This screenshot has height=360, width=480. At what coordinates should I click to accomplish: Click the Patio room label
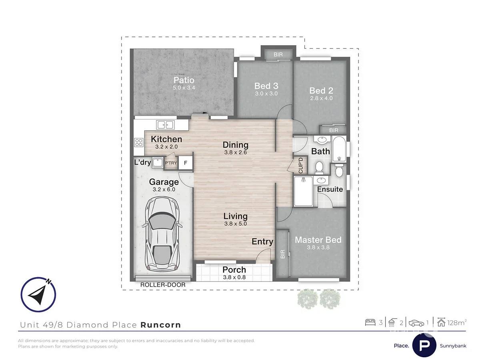tap(184, 80)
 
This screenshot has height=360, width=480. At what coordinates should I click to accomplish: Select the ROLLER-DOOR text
tap(163, 285)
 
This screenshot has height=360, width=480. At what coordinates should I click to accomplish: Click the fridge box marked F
tap(185, 163)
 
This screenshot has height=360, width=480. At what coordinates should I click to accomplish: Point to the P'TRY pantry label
tap(171, 163)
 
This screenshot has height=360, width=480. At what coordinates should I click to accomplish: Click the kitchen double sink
tap(166, 125)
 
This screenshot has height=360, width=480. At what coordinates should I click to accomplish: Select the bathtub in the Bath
tap(339, 149)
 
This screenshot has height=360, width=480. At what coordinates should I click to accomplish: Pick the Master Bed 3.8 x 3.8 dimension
tap(318, 247)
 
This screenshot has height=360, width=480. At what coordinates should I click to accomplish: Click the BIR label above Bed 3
tap(278, 54)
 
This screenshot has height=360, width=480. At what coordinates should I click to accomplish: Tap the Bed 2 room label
tap(321, 91)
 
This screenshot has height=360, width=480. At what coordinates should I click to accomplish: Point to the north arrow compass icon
tap(38, 295)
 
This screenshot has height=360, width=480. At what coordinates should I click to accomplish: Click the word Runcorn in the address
tap(160, 325)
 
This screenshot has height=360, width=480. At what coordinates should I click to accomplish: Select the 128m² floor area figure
tap(456, 322)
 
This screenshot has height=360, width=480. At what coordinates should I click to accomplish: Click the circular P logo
tap(424, 345)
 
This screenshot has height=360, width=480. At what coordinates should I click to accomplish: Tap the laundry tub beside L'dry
tap(157, 163)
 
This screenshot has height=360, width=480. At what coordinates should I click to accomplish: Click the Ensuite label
tap(330, 189)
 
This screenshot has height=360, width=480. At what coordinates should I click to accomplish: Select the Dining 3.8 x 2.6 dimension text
tap(236, 152)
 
